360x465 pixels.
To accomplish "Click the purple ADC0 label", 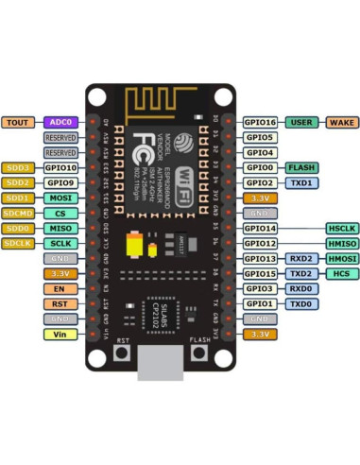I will click(x=60, y=122).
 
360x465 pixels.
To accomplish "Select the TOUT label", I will click(x=18, y=122).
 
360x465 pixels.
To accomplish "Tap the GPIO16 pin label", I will click(x=260, y=122).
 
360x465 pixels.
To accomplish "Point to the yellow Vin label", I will click(x=60, y=335).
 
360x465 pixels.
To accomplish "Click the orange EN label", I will click(x=60, y=288).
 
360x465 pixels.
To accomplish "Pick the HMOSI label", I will click(x=342, y=258).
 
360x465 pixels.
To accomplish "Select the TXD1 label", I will click(x=301, y=182).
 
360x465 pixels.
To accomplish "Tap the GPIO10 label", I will click(x=60, y=167).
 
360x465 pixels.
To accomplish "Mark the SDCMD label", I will click(x=18, y=213).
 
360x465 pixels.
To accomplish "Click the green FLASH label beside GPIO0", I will click(x=301, y=167).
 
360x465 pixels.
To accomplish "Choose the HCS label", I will click(x=342, y=273).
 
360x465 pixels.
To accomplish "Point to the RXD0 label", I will click(x=301, y=288).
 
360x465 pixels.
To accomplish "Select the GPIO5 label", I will click(x=260, y=137).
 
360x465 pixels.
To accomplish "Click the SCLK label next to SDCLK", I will click(x=60, y=243).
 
